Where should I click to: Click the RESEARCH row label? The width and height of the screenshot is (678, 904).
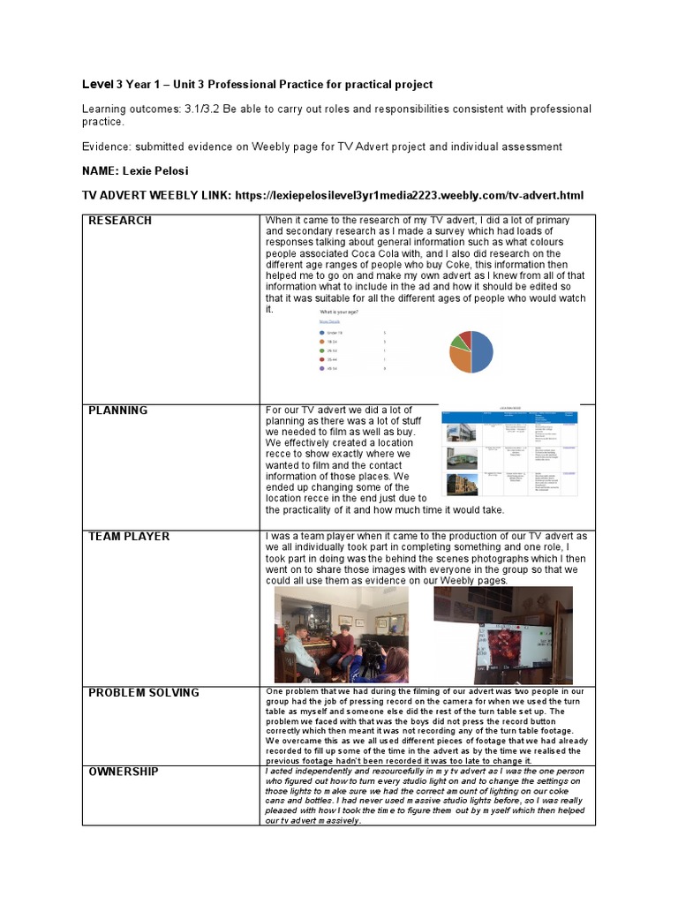pyautogui.click(x=120, y=221)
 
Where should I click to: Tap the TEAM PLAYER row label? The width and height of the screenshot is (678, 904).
pyautogui.click(x=129, y=537)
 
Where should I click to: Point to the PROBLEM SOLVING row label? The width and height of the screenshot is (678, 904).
pyautogui.click(x=144, y=693)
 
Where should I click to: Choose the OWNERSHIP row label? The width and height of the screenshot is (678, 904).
pyautogui.click(x=124, y=772)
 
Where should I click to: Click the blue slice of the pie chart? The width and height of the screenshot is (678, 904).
pyautogui.click(x=482, y=351)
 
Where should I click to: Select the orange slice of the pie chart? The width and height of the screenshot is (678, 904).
pyautogui.click(x=461, y=358)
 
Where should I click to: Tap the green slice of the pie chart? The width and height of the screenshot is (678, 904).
pyautogui.click(x=460, y=339)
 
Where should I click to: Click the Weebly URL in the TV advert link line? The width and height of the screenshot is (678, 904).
pyautogui.click(x=409, y=195)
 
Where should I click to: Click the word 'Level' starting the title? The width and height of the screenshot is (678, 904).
pyautogui.click(x=98, y=85)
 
